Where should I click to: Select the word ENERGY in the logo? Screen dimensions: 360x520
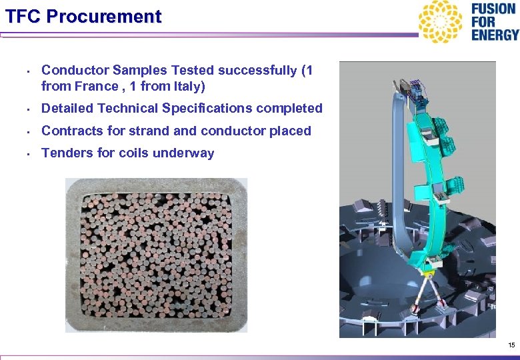[x=494, y=35]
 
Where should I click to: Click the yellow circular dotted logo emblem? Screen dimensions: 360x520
[x=439, y=21]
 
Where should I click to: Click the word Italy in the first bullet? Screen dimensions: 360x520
[x=188, y=86]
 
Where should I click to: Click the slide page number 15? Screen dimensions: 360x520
[x=511, y=345]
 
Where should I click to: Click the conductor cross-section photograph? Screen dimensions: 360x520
[x=156, y=255]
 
